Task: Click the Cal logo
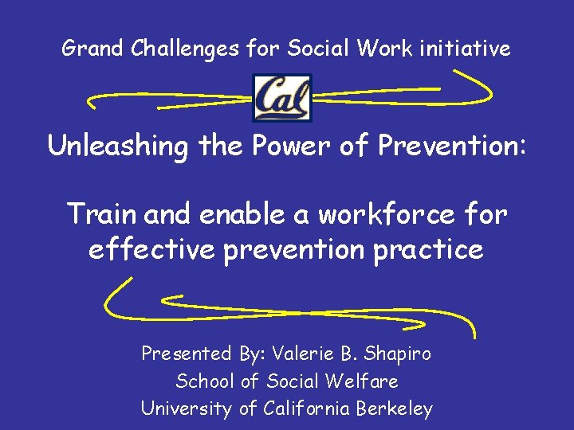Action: click(281, 98)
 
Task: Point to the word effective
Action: click(151, 250)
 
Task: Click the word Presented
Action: click(187, 354)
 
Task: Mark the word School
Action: click(205, 381)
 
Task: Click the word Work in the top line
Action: click(384, 49)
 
